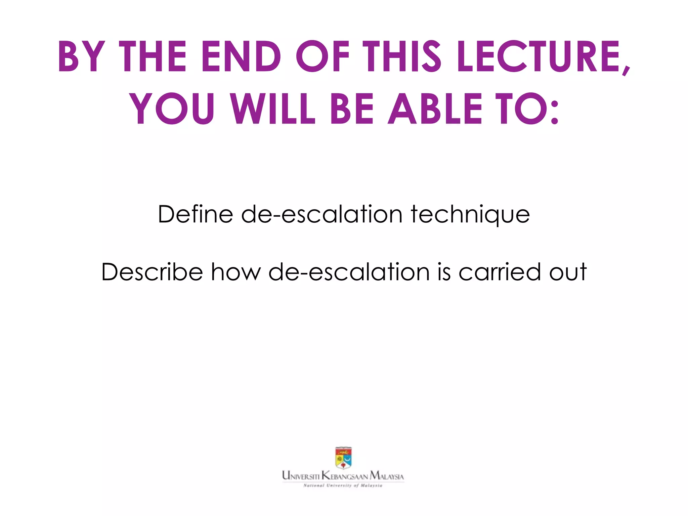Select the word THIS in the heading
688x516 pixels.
point(403,56)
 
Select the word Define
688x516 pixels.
point(195,214)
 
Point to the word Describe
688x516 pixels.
point(152,272)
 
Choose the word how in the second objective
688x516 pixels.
point(235,272)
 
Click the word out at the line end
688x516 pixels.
point(568,272)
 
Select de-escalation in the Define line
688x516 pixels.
point(321,214)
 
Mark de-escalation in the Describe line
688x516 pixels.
point(349,272)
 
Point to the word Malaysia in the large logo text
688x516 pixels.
point(387,476)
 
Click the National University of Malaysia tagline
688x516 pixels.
point(343,485)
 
